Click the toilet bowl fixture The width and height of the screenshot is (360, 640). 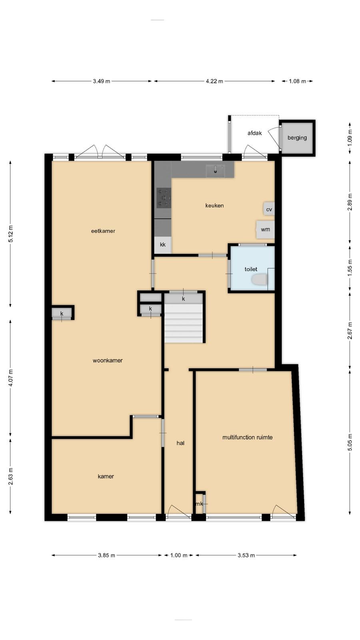[260, 280]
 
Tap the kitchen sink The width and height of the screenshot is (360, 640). [216, 170]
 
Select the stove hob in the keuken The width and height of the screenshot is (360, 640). [163, 197]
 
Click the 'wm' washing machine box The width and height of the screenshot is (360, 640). [266, 230]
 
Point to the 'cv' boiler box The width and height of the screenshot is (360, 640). [269, 208]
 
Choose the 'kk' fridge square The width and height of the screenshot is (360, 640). [163, 245]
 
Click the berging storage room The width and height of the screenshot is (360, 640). [297, 138]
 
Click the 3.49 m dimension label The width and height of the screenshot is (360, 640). [102, 81]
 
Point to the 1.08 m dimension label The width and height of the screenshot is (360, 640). [297, 81]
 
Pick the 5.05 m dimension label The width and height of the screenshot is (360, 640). [350, 442]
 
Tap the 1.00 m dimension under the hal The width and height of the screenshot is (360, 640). [179, 556]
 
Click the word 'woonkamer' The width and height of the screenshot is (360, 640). [108, 360]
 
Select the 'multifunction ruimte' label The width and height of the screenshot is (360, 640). [248, 438]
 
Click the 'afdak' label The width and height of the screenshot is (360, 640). [254, 133]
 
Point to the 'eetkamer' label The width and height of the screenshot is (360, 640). [103, 231]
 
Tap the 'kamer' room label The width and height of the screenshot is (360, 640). [106, 476]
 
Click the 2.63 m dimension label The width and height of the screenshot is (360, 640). [10, 476]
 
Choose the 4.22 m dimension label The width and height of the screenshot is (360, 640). [214, 81]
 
